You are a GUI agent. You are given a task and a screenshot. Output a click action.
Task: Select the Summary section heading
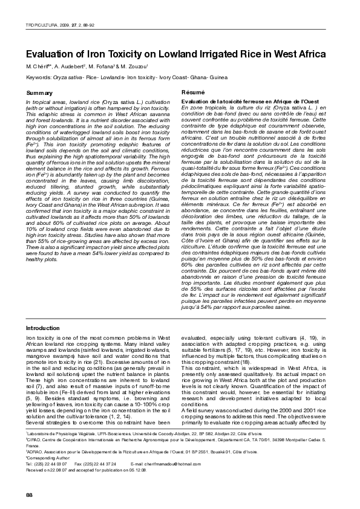point(41,92)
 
